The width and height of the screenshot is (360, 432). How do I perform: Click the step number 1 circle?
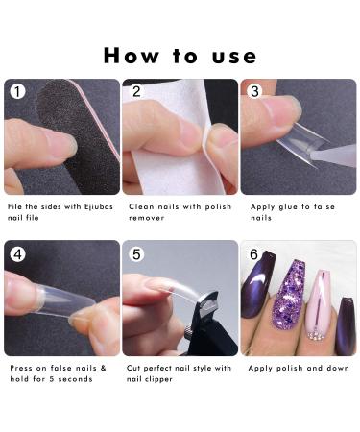[x=15, y=92]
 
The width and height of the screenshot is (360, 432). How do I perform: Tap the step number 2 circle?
[x=135, y=92]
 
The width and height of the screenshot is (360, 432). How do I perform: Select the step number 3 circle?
[x=253, y=92]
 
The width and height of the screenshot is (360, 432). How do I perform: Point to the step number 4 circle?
[x=15, y=254]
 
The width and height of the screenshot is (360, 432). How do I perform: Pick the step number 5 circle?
[x=135, y=254]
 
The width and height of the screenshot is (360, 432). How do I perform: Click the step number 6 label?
[x=253, y=254]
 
